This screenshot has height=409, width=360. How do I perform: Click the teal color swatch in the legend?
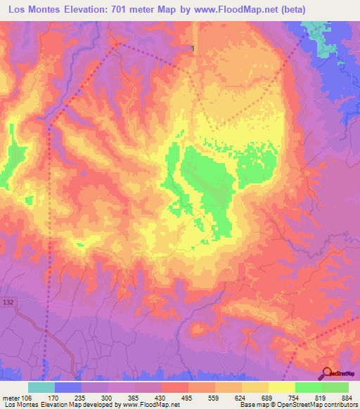[x=41, y=387]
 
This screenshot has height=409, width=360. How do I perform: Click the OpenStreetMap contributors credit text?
[x=320, y=405]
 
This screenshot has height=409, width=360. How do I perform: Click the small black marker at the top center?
[x=193, y=48]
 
